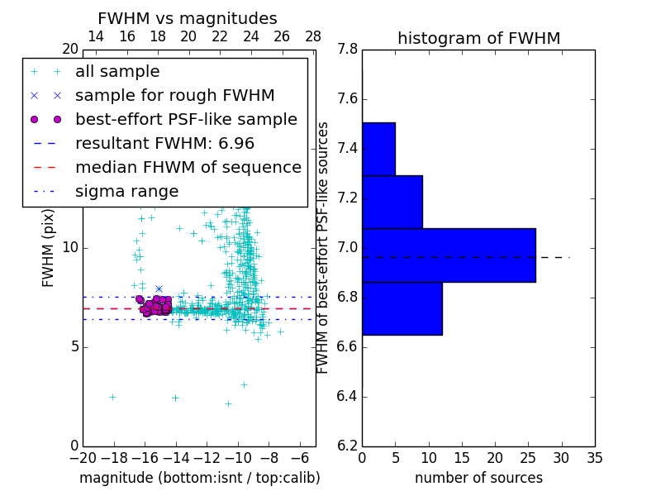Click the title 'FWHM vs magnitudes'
tap(188, 18)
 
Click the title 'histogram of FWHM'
tap(478, 38)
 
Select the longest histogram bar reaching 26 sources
tap(449, 255)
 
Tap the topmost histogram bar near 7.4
tap(378, 149)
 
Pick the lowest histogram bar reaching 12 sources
tap(402, 308)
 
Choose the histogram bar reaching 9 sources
tap(392, 202)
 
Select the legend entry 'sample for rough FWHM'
tap(174, 95)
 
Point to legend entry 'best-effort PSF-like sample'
tap(186, 119)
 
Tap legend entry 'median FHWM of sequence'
tap(188, 167)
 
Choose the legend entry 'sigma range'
tap(126, 191)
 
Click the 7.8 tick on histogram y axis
tap(347, 50)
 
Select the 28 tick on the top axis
tap(313, 36)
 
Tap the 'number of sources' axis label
tap(478, 478)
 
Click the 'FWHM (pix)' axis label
tap(49, 248)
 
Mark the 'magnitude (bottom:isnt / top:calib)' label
tap(199, 478)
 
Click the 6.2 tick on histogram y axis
tap(347, 446)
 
